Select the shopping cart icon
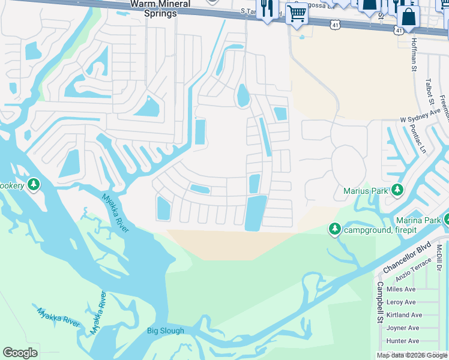coord(296,13)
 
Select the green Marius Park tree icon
coord(397,190)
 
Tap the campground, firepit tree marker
coord(334,229)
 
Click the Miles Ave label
coord(401,289)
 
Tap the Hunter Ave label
coord(402,341)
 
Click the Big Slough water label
coord(166,331)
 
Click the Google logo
coord(20,353)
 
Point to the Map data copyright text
coord(412,355)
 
